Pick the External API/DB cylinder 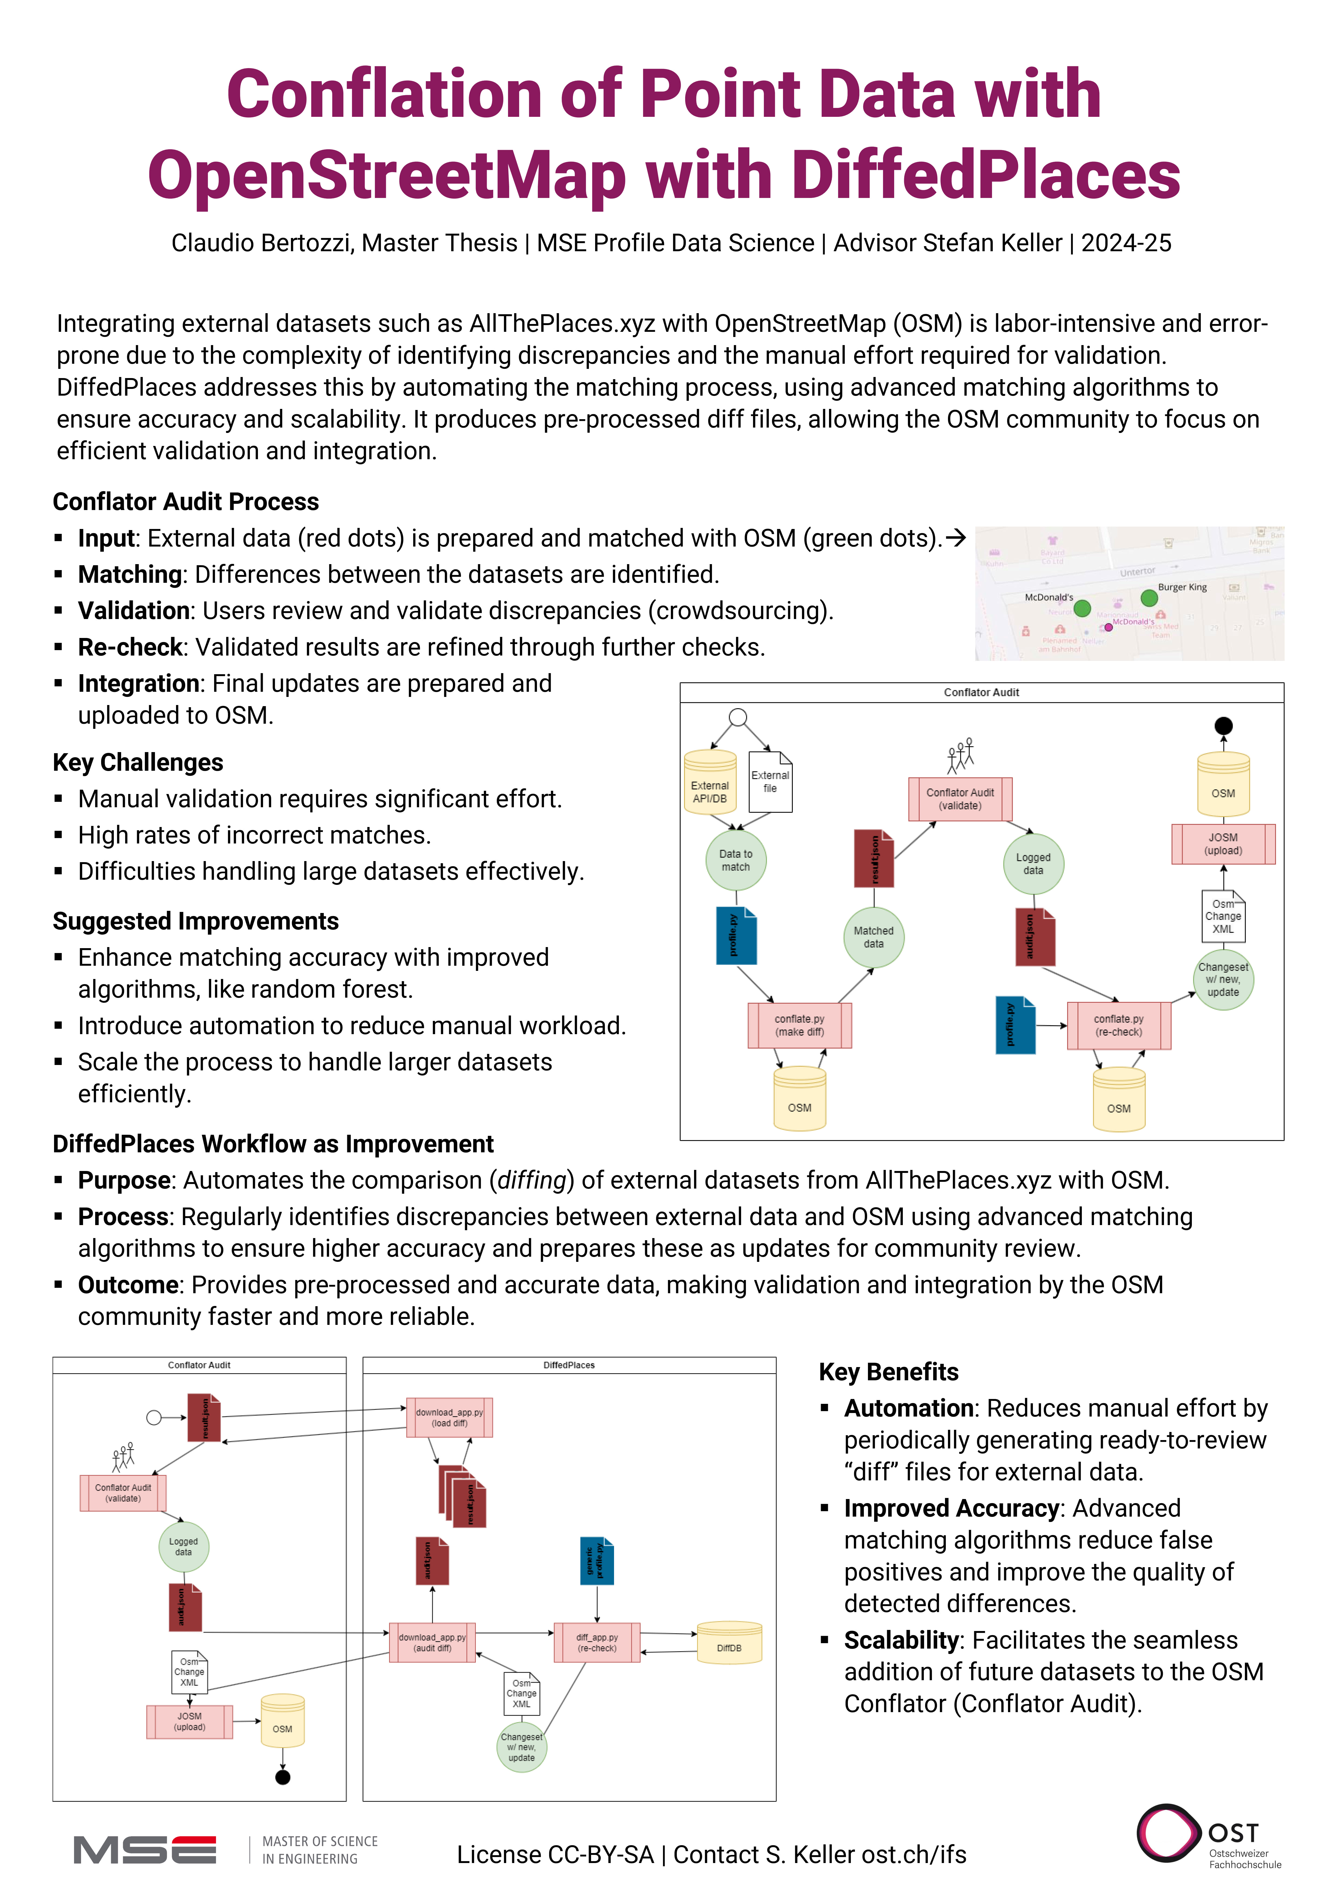point(709,783)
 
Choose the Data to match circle point(735,860)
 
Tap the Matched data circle point(873,937)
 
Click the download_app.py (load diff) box point(449,1418)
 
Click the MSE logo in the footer point(145,1850)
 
